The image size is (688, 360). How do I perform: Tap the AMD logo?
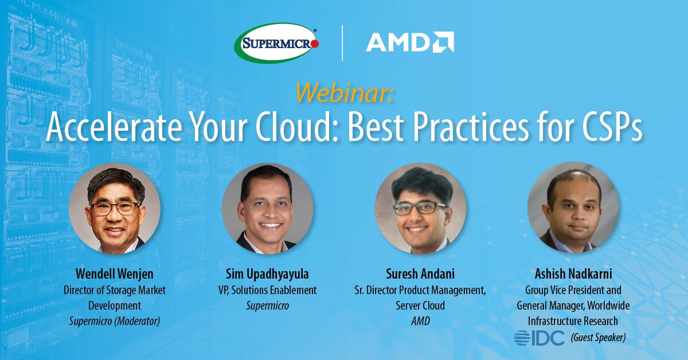410,42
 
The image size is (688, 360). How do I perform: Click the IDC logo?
540,337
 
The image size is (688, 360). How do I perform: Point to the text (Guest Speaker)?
598,338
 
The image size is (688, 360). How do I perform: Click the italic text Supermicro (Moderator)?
115,321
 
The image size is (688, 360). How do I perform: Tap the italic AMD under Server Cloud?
420,321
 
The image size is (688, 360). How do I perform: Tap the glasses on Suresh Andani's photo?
419,208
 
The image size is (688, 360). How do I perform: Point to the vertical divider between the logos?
342,43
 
